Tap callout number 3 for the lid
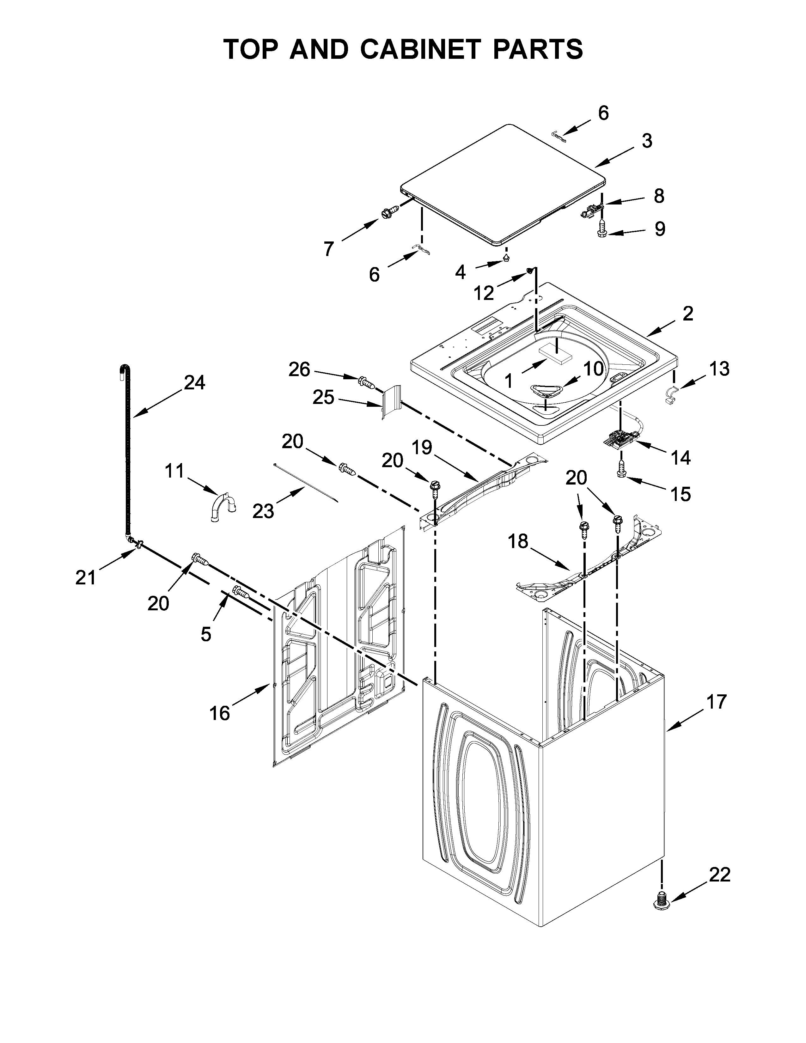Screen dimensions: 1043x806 (x=646, y=141)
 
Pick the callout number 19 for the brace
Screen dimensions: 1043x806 (x=422, y=448)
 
